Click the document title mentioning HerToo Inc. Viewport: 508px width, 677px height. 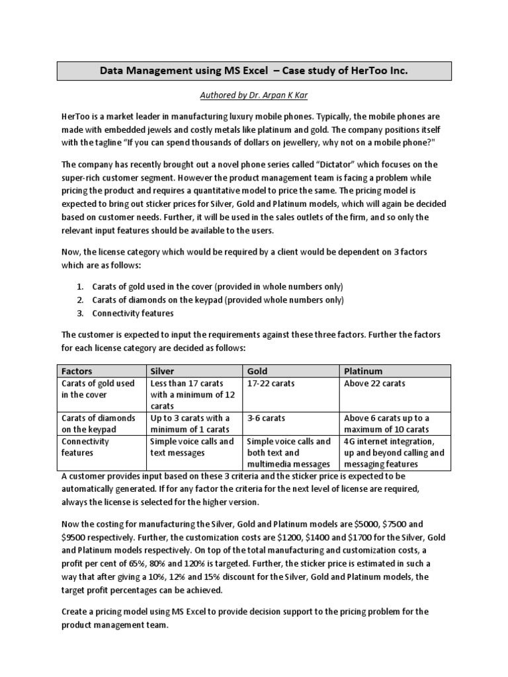254,71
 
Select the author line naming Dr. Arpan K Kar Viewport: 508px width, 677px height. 254,95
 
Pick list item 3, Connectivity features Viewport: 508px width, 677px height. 133,313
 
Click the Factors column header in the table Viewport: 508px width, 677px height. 77,371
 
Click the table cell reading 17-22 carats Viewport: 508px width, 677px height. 271,383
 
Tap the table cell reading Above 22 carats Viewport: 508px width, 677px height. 375,383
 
